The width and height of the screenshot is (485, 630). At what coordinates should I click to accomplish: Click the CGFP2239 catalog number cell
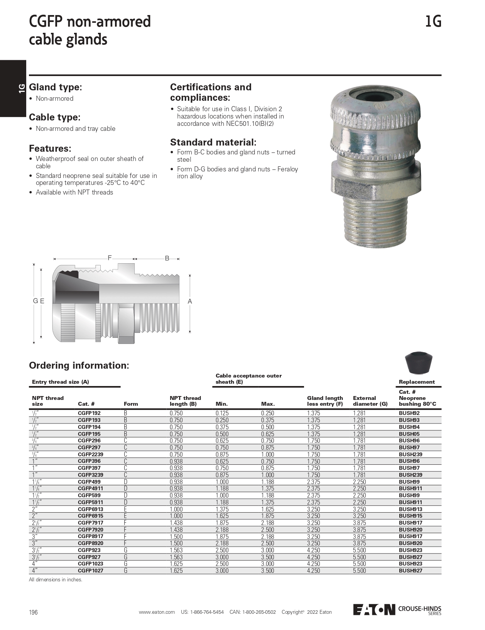(90, 454)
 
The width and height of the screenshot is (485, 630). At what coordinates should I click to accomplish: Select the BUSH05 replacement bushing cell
(409, 434)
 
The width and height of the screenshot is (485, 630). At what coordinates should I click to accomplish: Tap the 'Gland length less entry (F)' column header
(325, 401)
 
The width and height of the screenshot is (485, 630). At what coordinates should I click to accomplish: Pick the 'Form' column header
(131, 404)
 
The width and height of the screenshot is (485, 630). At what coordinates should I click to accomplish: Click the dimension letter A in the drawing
(190, 301)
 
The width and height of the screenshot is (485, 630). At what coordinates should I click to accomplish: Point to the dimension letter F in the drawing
(110, 258)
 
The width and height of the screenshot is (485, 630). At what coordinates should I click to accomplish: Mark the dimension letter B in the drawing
(167, 258)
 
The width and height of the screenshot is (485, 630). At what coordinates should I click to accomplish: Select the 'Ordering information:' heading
(79, 365)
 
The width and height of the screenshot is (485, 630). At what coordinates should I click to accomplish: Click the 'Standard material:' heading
(213, 142)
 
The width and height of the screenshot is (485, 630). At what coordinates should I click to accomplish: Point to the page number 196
(34, 612)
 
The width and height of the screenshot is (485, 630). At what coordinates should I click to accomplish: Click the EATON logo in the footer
(374, 610)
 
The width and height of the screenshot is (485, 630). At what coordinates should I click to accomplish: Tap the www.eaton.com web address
(157, 612)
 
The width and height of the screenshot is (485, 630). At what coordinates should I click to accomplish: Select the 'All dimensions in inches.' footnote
(56, 579)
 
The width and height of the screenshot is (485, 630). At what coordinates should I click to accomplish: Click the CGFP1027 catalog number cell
(90, 571)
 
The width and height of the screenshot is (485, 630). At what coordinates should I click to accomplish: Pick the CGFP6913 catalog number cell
(90, 509)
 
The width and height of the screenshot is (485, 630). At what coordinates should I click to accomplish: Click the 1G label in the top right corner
(433, 22)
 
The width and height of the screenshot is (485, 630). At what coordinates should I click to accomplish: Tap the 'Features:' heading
(50, 149)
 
